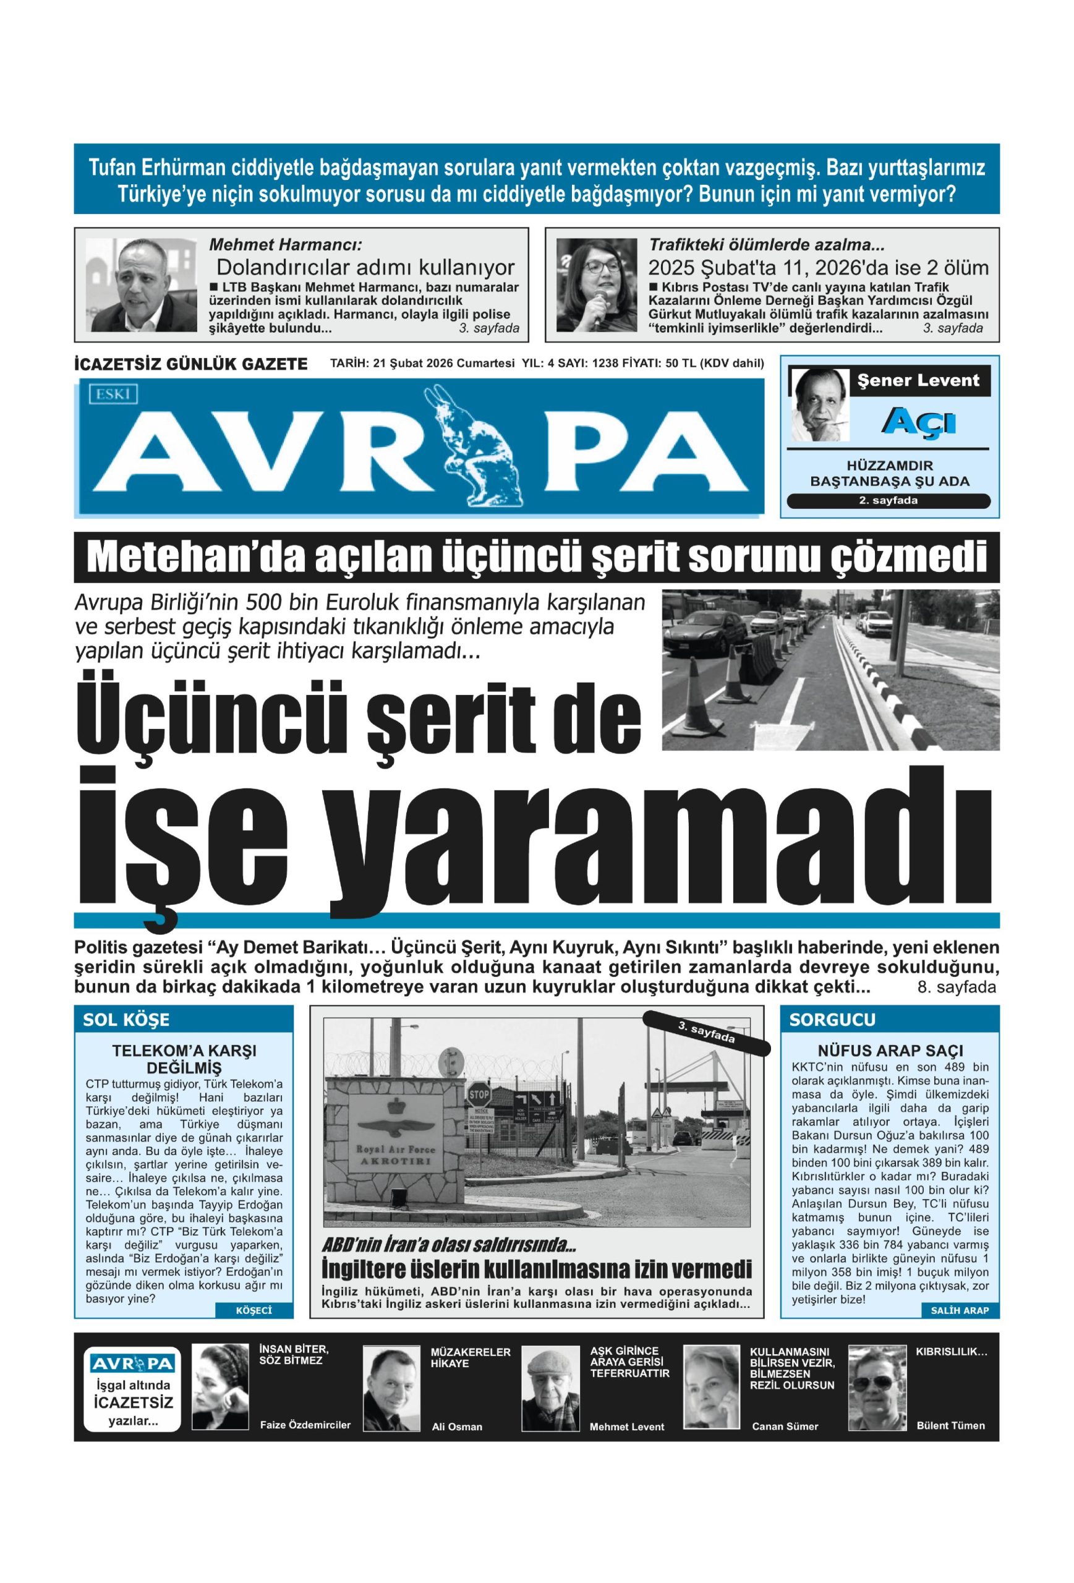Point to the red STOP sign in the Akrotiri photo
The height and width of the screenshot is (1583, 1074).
click(x=478, y=1095)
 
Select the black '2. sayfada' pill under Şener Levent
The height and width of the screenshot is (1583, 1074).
click(x=887, y=501)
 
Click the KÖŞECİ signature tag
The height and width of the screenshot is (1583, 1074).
click(x=254, y=1329)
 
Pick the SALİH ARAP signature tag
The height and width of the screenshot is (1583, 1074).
click(x=959, y=1329)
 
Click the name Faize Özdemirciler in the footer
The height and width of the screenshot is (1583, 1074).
click(x=305, y=1425)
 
